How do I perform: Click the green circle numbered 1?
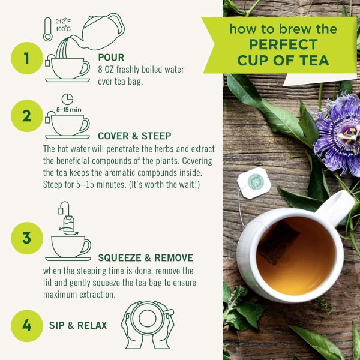pos(26,58)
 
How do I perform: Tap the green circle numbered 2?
pos(26,115)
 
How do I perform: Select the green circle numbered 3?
pos(26,238)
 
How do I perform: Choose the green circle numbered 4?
pos(26,325)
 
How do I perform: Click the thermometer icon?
pos(48,29)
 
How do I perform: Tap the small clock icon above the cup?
pos(68,98)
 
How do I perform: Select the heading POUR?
pos(110,58)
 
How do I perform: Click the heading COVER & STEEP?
pos(134,136)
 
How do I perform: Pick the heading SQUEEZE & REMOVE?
pos(145,258)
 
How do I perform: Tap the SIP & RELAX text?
pos(78,325)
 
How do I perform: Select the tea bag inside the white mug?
pos(277,242)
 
